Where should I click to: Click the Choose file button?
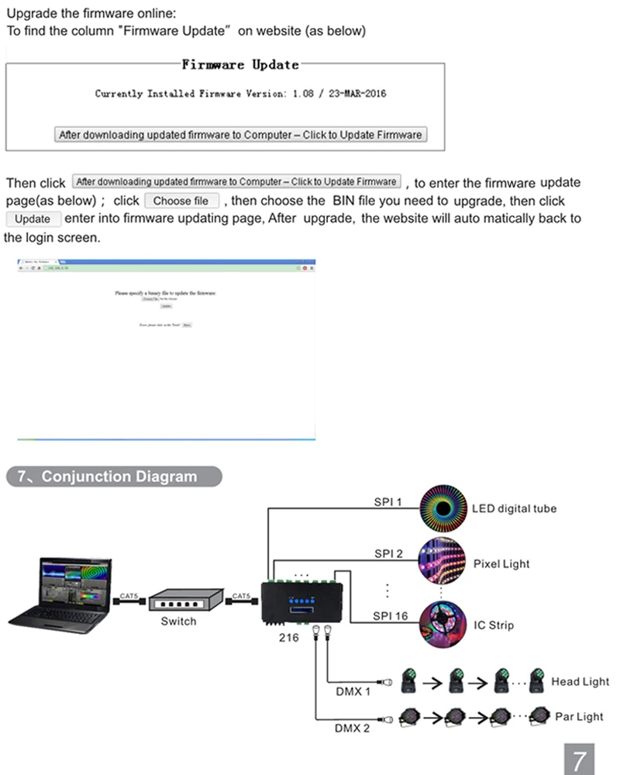(x=181, y=201)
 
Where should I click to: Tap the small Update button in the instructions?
(x=33, y=219)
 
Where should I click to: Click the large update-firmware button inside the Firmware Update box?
(x=240, y=135)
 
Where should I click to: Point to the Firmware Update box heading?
(x=239, y=65)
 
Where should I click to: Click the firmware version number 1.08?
(x=303, y=94)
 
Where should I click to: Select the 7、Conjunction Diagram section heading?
(x=113, y=477)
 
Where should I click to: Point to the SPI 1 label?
(x=388, y=502)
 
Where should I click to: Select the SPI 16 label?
(x=390, y=616)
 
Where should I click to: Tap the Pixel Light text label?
(x=501, y=563)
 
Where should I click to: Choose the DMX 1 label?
(x=353, y=691)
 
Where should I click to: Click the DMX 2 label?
(x=353, y=728)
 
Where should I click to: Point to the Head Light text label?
(x=580, y=682)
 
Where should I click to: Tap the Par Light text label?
(x=579, y=717)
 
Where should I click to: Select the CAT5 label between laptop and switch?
(x=129, y=596)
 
